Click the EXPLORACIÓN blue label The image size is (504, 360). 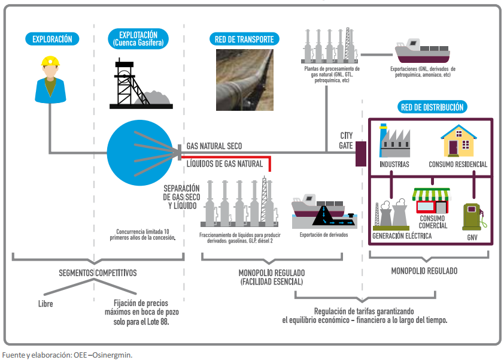click(52, 39)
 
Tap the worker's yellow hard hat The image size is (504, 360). click(50, 60)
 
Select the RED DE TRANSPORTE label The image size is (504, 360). click(244, 40)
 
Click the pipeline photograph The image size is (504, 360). click(244, 80)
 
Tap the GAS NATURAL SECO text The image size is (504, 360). click(214, 146)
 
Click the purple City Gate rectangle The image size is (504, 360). click(361, 154)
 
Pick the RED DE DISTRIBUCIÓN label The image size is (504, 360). click(431, 108)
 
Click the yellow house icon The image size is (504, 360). click(458, 141)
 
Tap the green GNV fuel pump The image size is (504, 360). click(472, 217)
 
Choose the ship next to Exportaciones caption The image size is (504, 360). click(423, 51)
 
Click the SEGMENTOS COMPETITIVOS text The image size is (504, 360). click(98, 273)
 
